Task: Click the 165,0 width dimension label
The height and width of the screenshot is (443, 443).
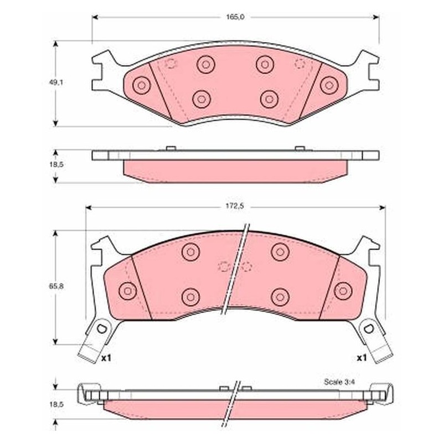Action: (x=235, y=17)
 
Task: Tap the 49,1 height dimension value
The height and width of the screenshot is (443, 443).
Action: (x=56, y=83)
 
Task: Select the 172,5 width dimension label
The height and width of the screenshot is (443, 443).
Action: (x=234, y=206)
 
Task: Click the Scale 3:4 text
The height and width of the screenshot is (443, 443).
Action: (x=339, y=382)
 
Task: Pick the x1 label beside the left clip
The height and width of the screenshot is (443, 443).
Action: (x=106, y=358)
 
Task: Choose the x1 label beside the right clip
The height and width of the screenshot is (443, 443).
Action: (x=362, y=358)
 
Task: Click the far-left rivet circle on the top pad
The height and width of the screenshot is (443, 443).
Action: (x=142, y=85)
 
